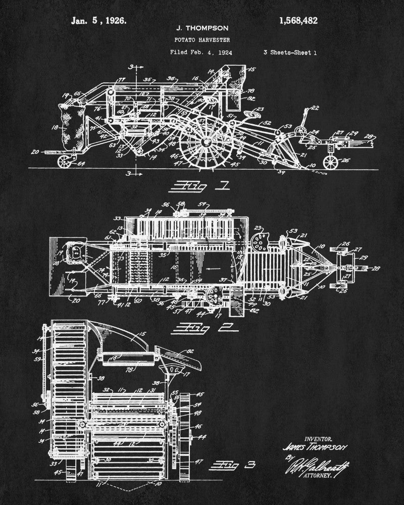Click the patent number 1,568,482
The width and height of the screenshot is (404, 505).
(298, 21)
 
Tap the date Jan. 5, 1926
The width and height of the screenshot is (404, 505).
(98, 21)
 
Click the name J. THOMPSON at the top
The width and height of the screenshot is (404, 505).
(199, 28)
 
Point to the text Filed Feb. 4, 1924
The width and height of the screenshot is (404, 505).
(201, 52)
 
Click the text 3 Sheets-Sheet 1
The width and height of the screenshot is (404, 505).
(290, 52)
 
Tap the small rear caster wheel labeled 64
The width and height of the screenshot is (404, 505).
(65, 161)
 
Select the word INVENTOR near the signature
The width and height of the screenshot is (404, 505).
(316, 438)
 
